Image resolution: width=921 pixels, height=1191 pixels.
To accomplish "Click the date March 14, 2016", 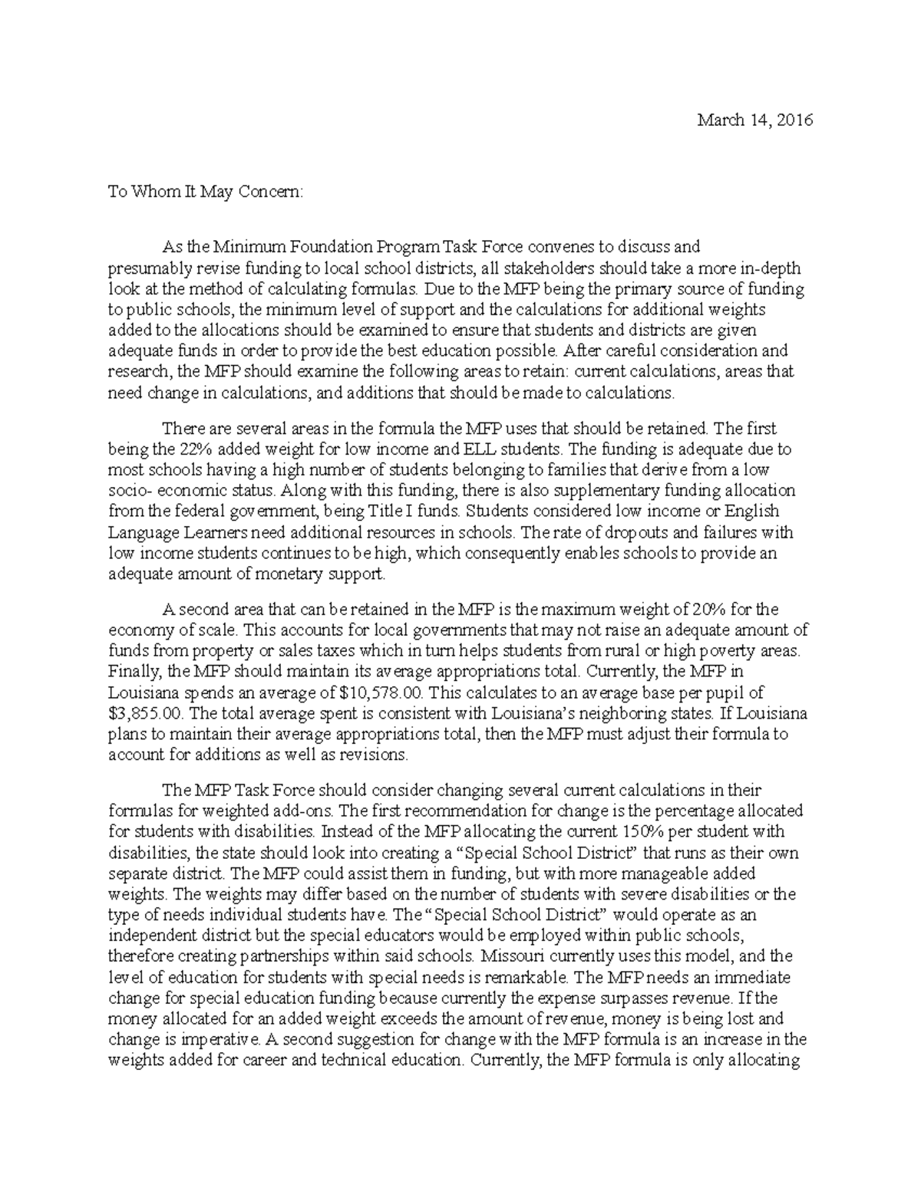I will click(x=754, y=120).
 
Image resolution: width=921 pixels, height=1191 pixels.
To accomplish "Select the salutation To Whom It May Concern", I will click(x=206, y=192).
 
